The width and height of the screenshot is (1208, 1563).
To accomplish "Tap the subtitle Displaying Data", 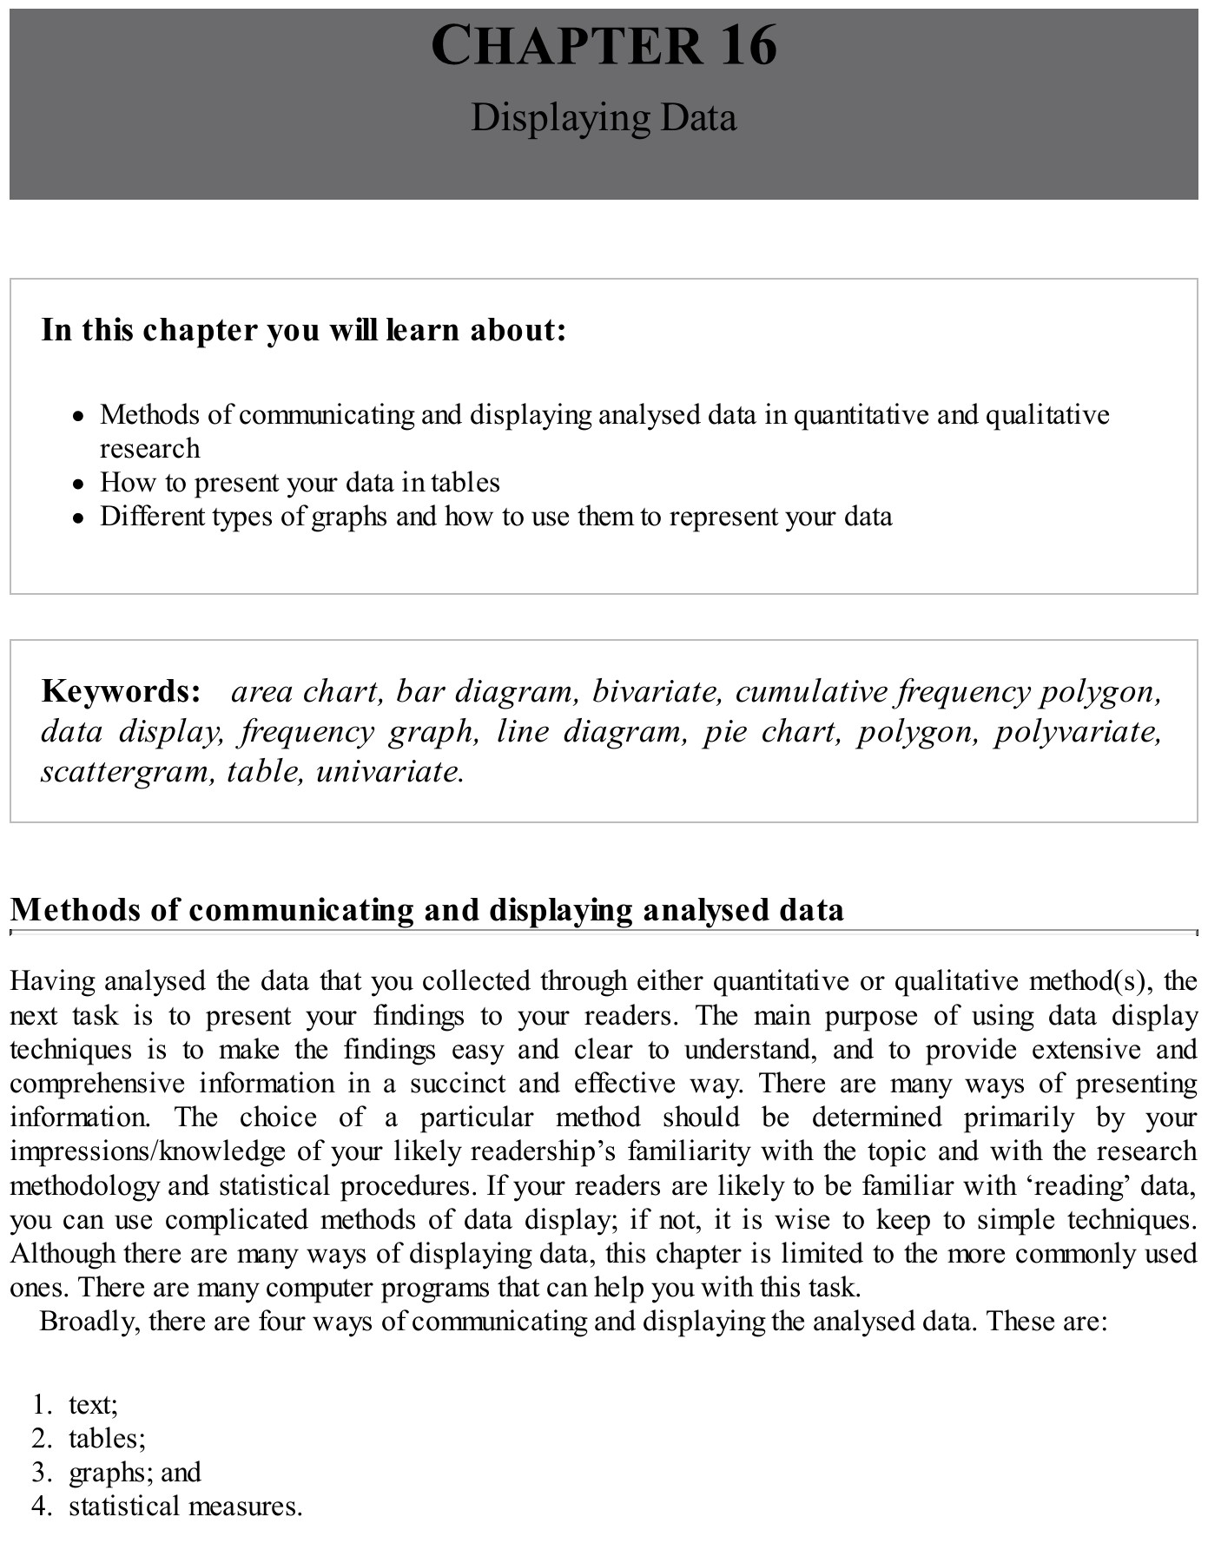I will (x=604, y=117).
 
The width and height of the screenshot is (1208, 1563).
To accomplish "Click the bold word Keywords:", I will (x=121, y=691).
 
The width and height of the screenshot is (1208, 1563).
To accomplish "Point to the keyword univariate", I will (x=390, y=771).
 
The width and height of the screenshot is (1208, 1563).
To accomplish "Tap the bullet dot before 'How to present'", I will (x=79, y=484).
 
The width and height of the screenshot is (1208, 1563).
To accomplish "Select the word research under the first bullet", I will (x=149, y=449).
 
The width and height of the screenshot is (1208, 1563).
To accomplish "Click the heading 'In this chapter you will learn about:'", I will (x=304, y=330).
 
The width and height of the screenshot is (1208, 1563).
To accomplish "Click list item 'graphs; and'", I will (x=135, y=1472).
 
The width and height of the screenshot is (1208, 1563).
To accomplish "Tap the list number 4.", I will (x=41, y=1506).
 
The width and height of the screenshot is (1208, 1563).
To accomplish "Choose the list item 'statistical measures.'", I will (x=186, y=1506).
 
